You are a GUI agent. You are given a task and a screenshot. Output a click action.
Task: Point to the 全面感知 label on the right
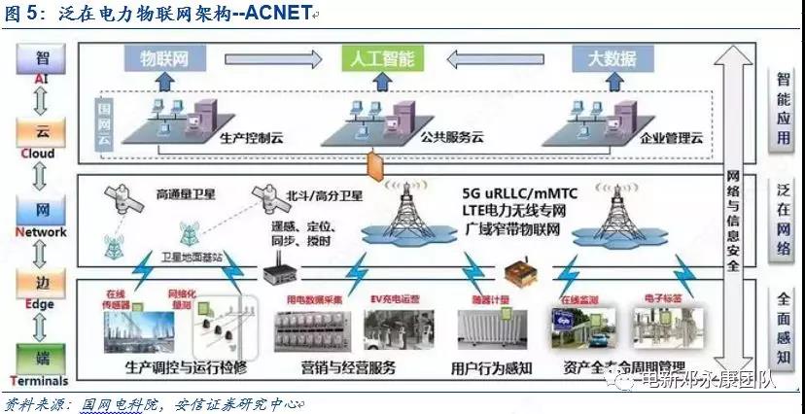[784, 326]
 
